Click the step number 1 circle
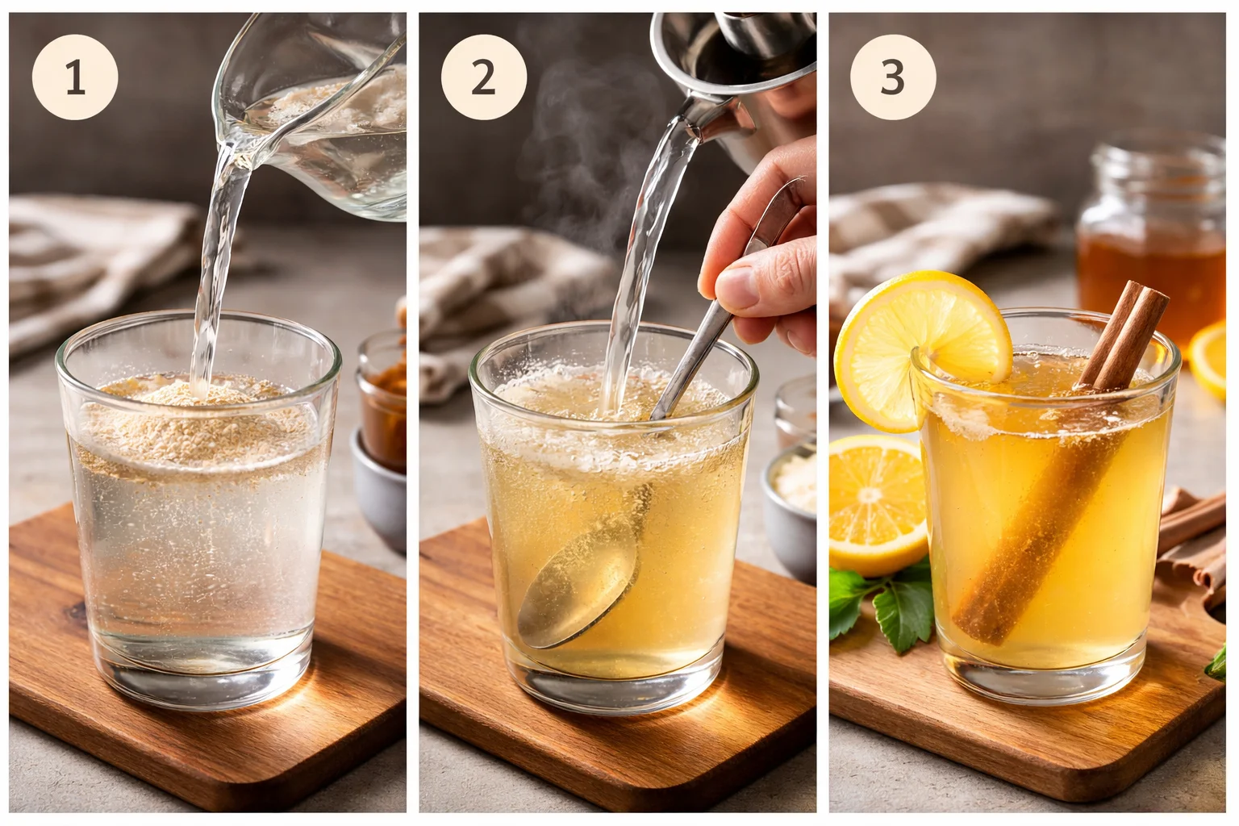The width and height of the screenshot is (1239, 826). (x=75, y=78)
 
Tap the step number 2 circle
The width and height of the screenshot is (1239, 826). (x=483, y=78)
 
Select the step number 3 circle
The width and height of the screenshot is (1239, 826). (x=892, y=78)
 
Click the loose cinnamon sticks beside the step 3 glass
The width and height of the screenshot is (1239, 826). (x=1202, y=532)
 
